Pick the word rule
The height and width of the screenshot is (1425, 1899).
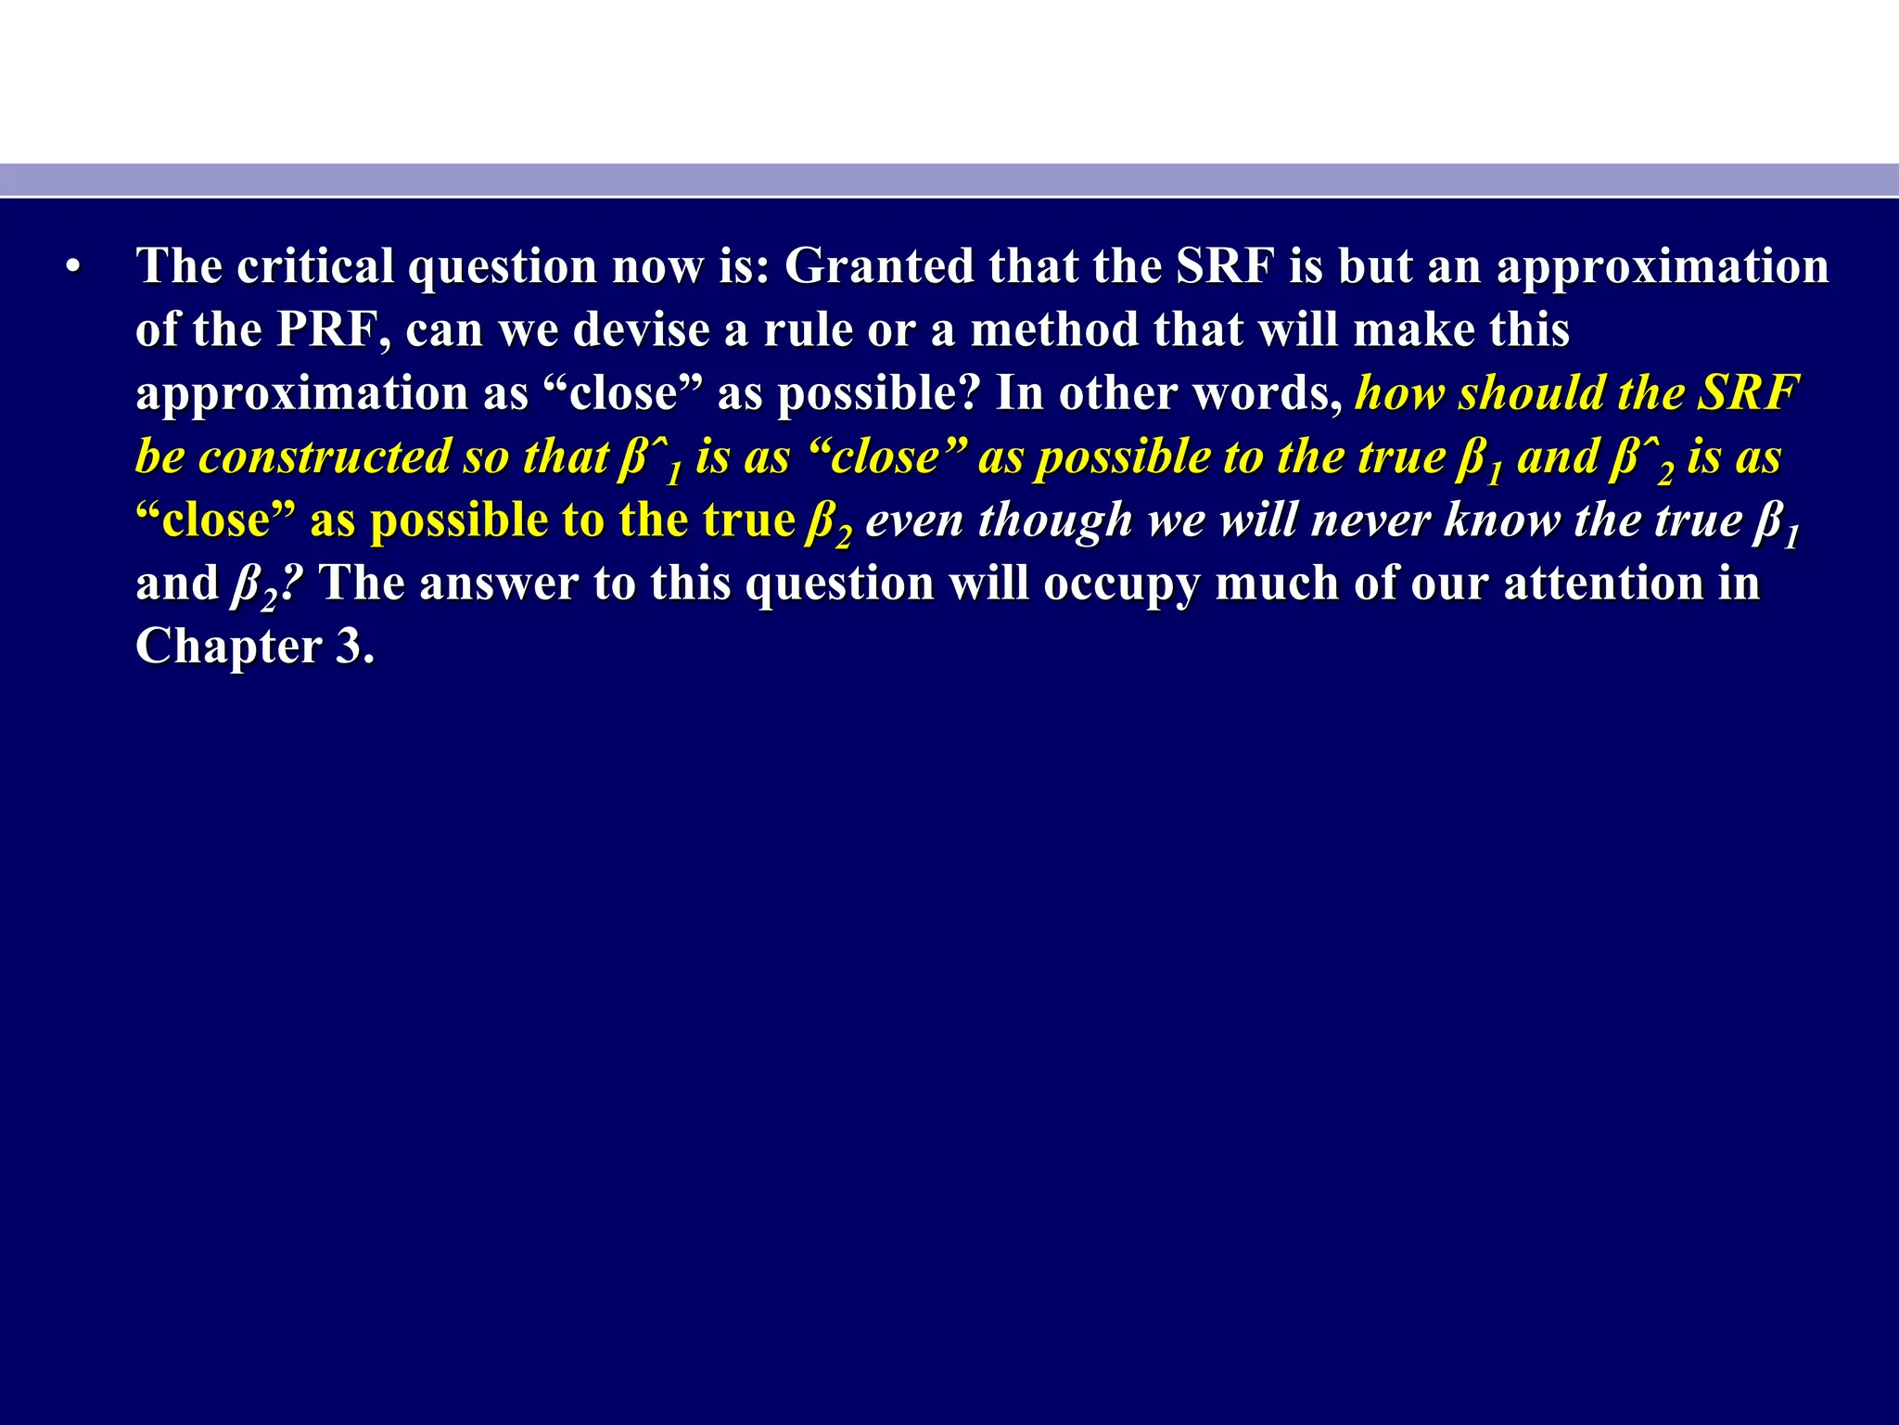(x=807, y=329)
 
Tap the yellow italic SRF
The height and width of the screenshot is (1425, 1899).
(x=1748, y=392)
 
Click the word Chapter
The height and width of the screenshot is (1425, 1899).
(x=228, y=647)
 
